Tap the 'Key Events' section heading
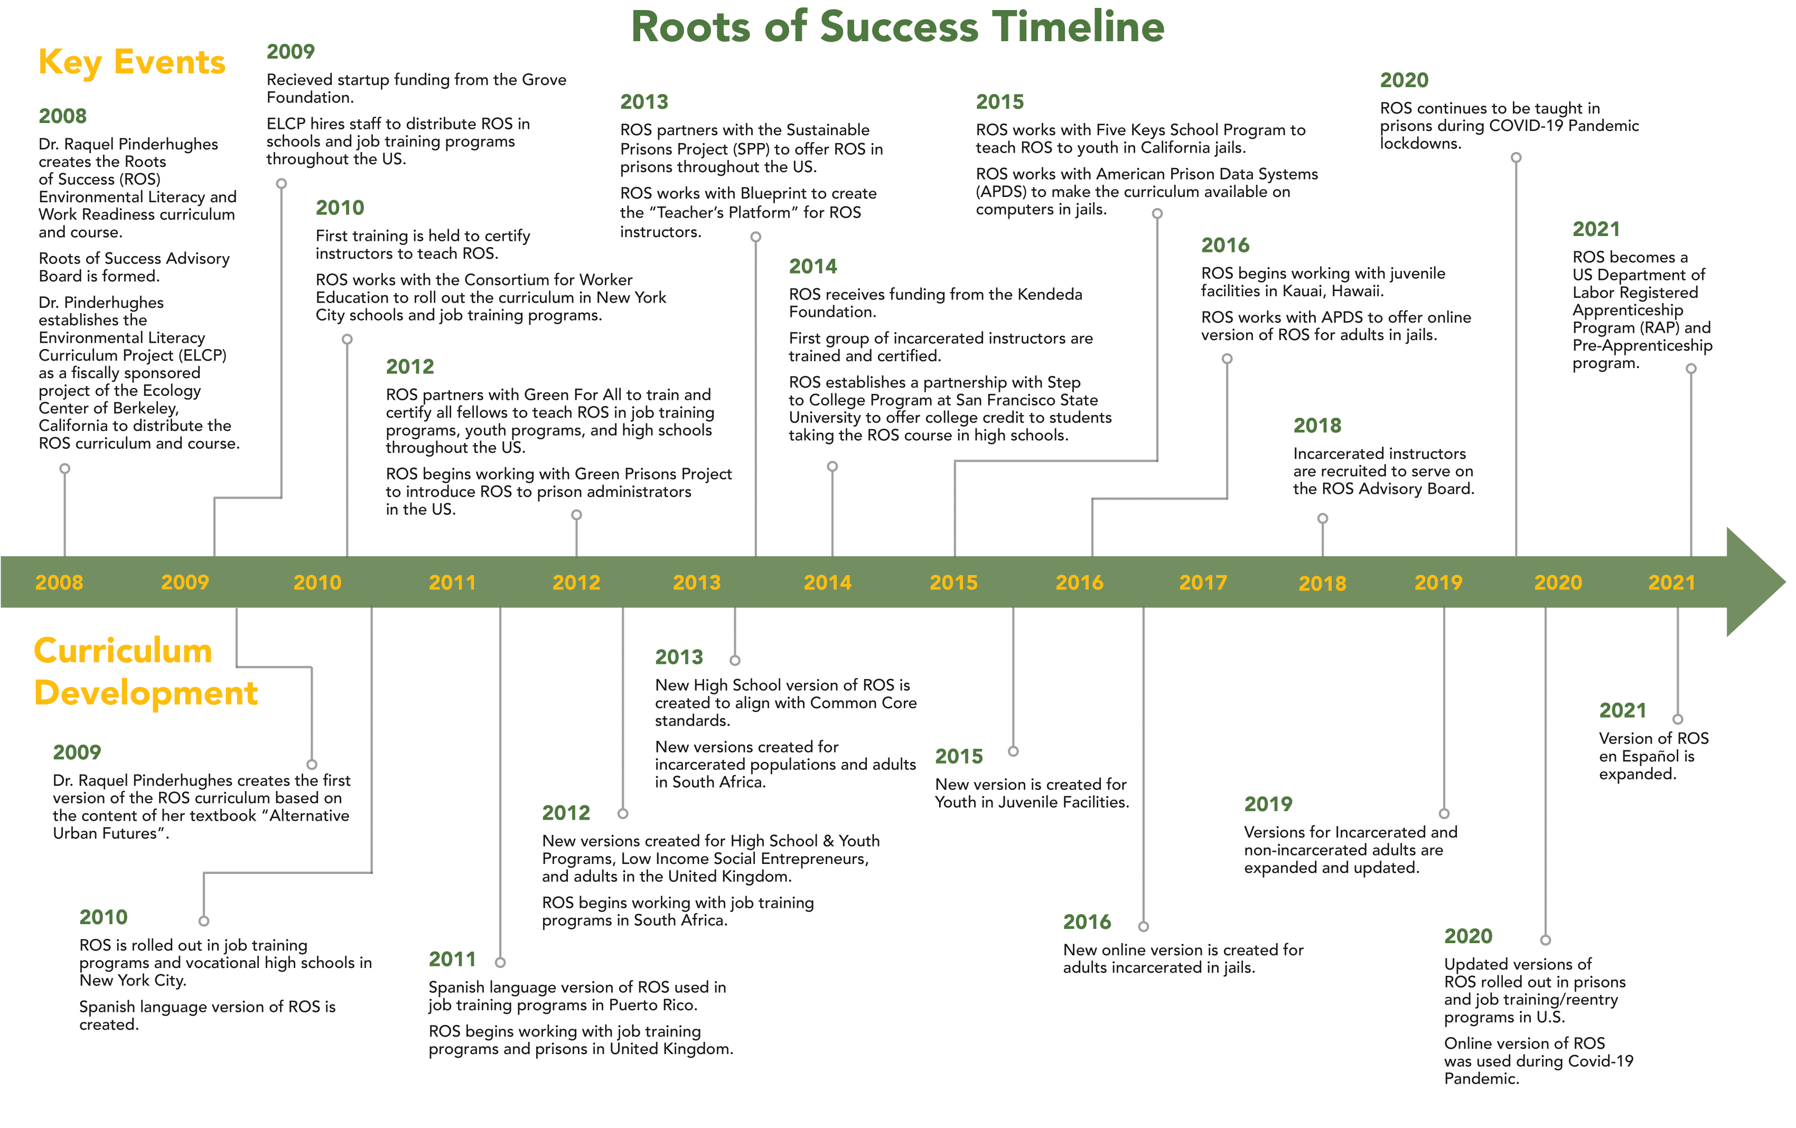132,62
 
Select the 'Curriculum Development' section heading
145,672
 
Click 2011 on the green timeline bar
452,582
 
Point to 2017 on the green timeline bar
1202,582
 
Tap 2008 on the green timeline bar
59,582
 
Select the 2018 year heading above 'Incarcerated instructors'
1317,426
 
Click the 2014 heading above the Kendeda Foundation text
813,266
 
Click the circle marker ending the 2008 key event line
65,469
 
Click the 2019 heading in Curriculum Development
1268,804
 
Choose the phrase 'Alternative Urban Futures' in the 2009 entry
201,824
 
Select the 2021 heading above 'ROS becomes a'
1596,229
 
